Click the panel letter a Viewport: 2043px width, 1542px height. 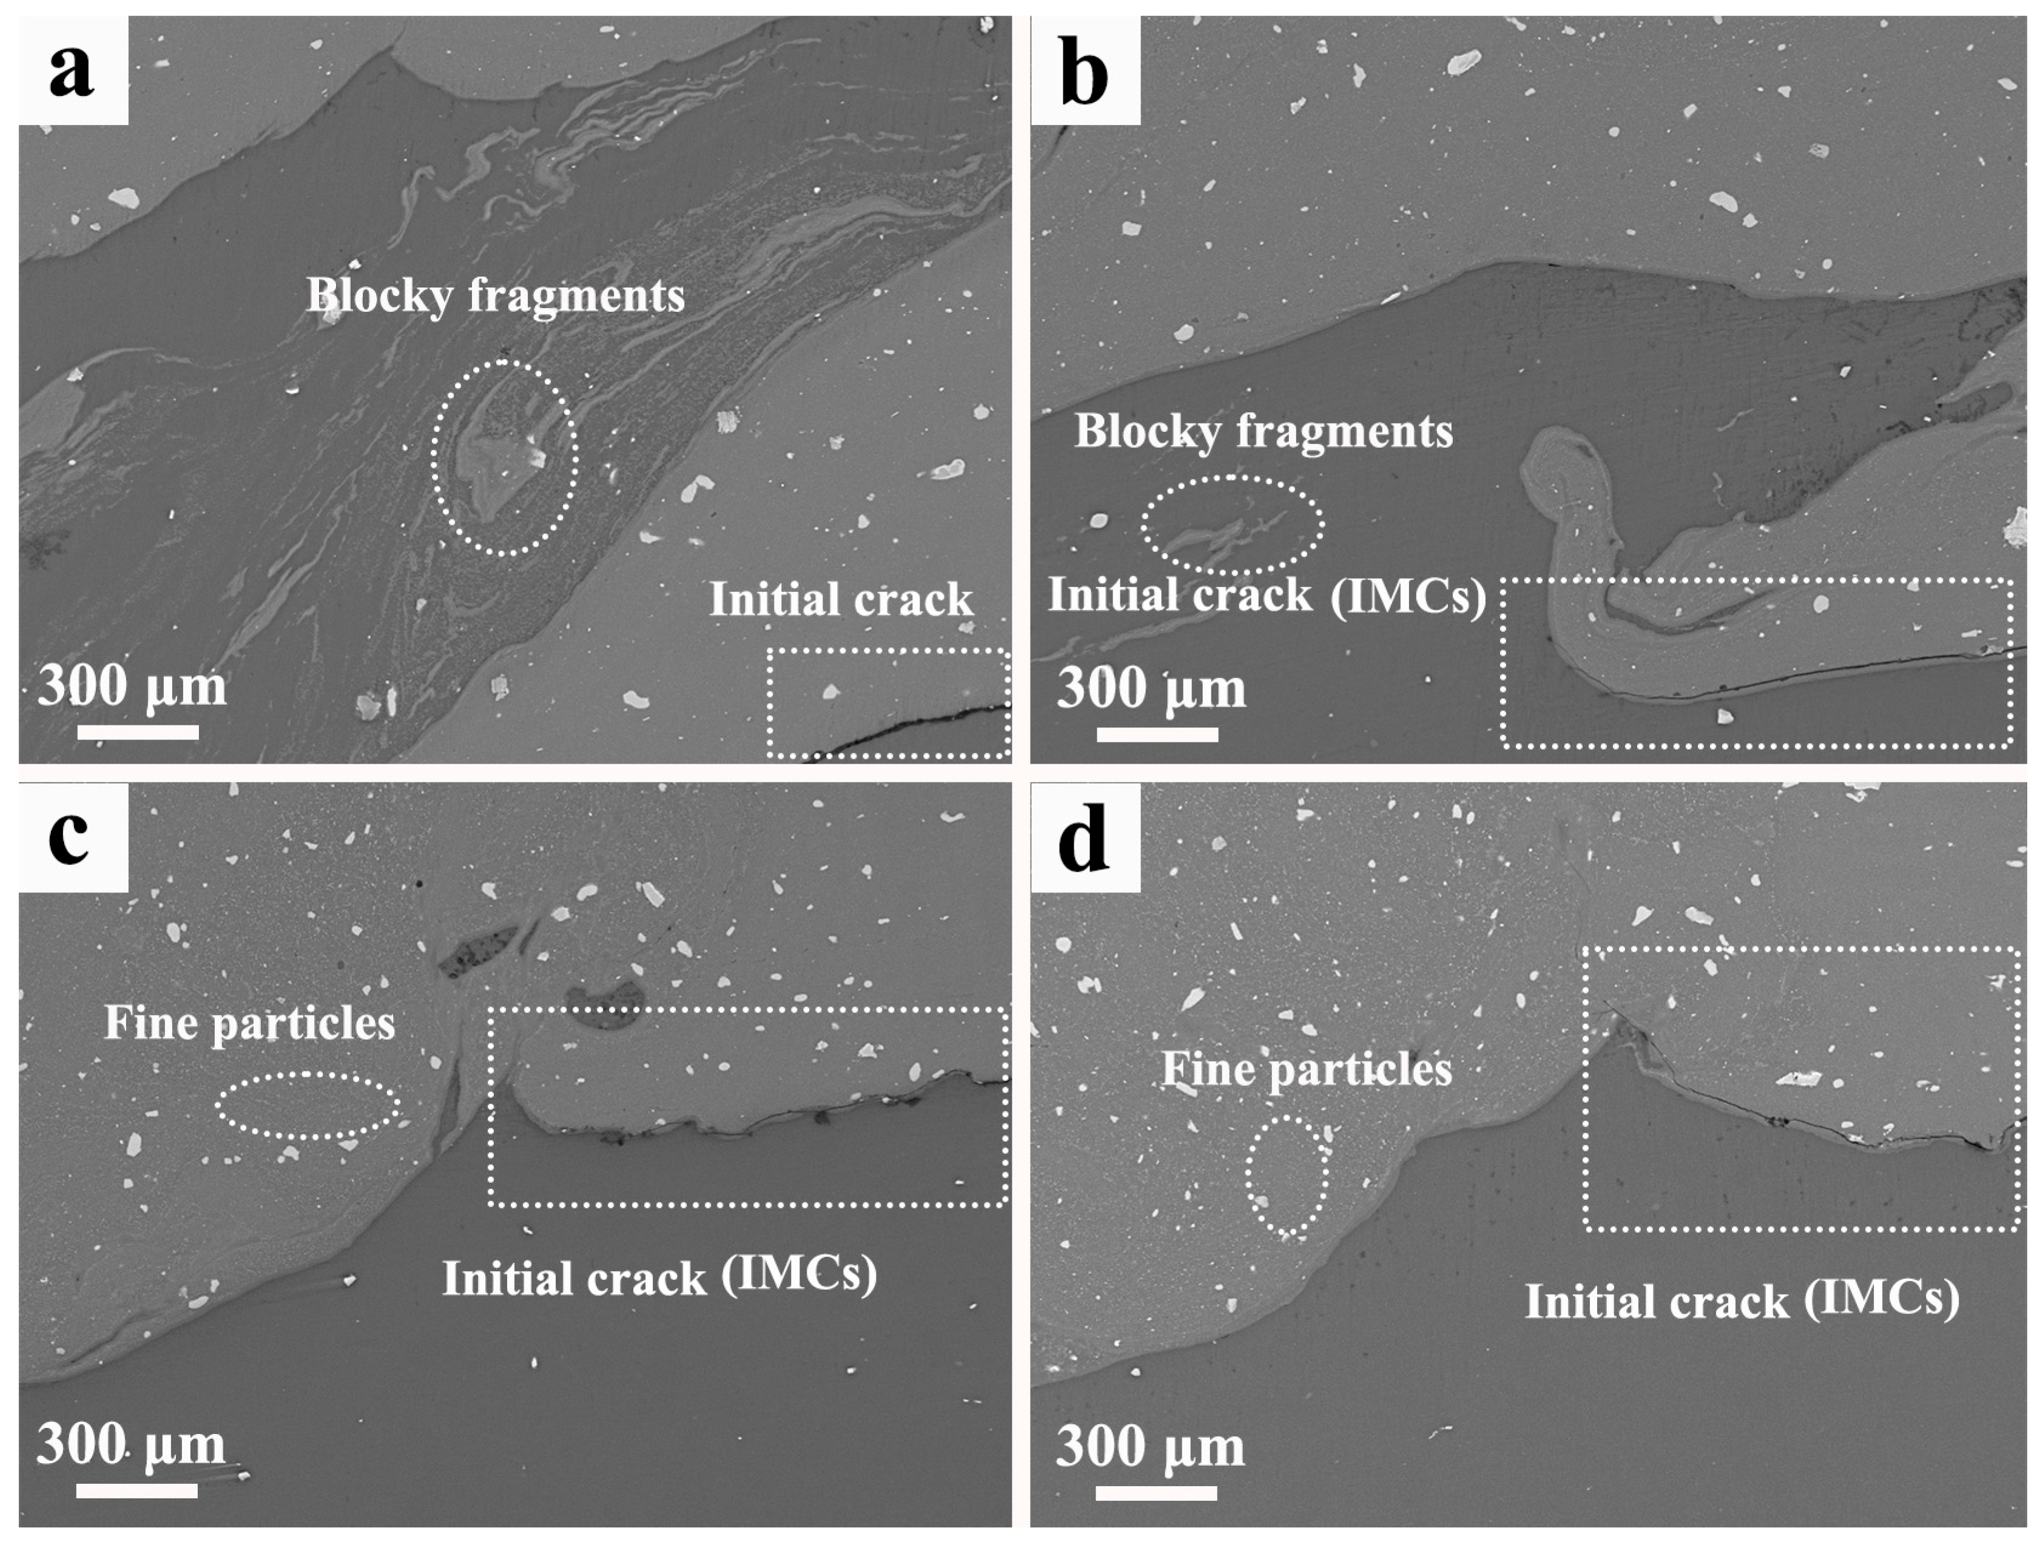72,72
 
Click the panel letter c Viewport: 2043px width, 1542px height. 70,838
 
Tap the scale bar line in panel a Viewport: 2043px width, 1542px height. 138,732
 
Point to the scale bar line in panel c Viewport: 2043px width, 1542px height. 136,1490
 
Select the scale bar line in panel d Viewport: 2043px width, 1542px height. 1156,1492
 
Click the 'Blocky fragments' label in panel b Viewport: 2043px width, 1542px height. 1264,432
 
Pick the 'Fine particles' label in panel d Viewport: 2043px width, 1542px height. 1306,1070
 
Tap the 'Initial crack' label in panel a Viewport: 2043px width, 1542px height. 841,600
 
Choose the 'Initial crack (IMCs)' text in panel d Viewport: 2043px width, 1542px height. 1742,1301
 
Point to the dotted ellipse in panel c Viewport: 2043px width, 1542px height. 308,1105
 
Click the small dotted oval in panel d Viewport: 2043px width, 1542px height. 1287,1174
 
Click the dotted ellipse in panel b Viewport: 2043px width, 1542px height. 1232,525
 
